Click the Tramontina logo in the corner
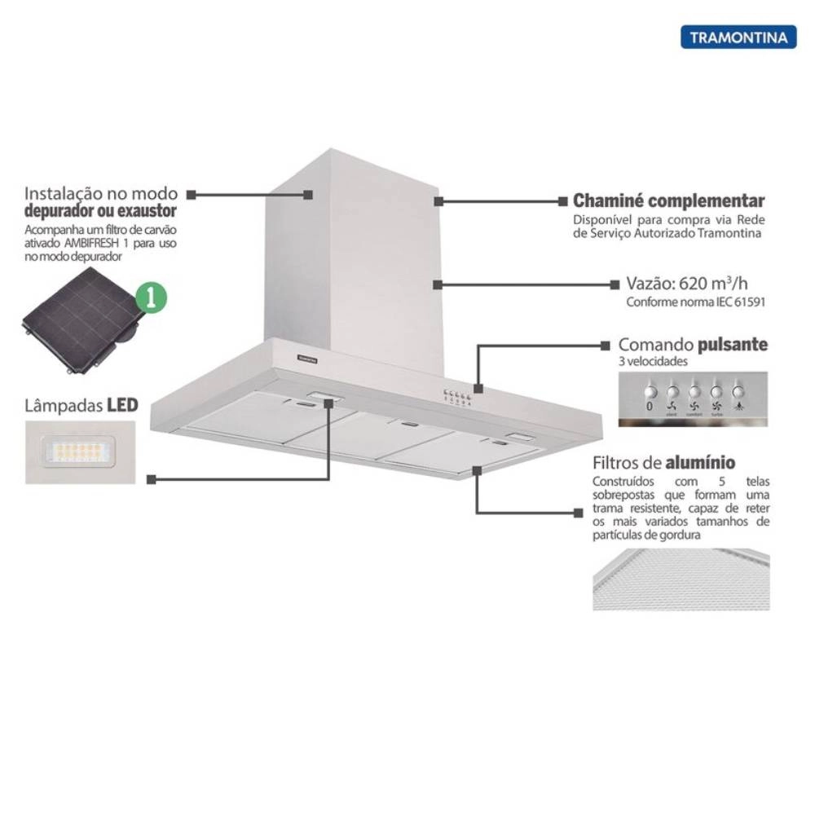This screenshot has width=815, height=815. click(738, 37)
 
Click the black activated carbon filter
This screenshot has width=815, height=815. click(77, 323)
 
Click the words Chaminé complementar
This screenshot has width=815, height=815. click(668, 200)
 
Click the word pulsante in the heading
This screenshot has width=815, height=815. click(732, 345)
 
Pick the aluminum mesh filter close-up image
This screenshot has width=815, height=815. click(681, 579)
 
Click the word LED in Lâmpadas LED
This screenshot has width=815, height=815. click(122, 405)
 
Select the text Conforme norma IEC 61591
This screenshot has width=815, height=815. click(696, 302)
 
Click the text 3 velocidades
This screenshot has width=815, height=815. click(654, 361)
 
